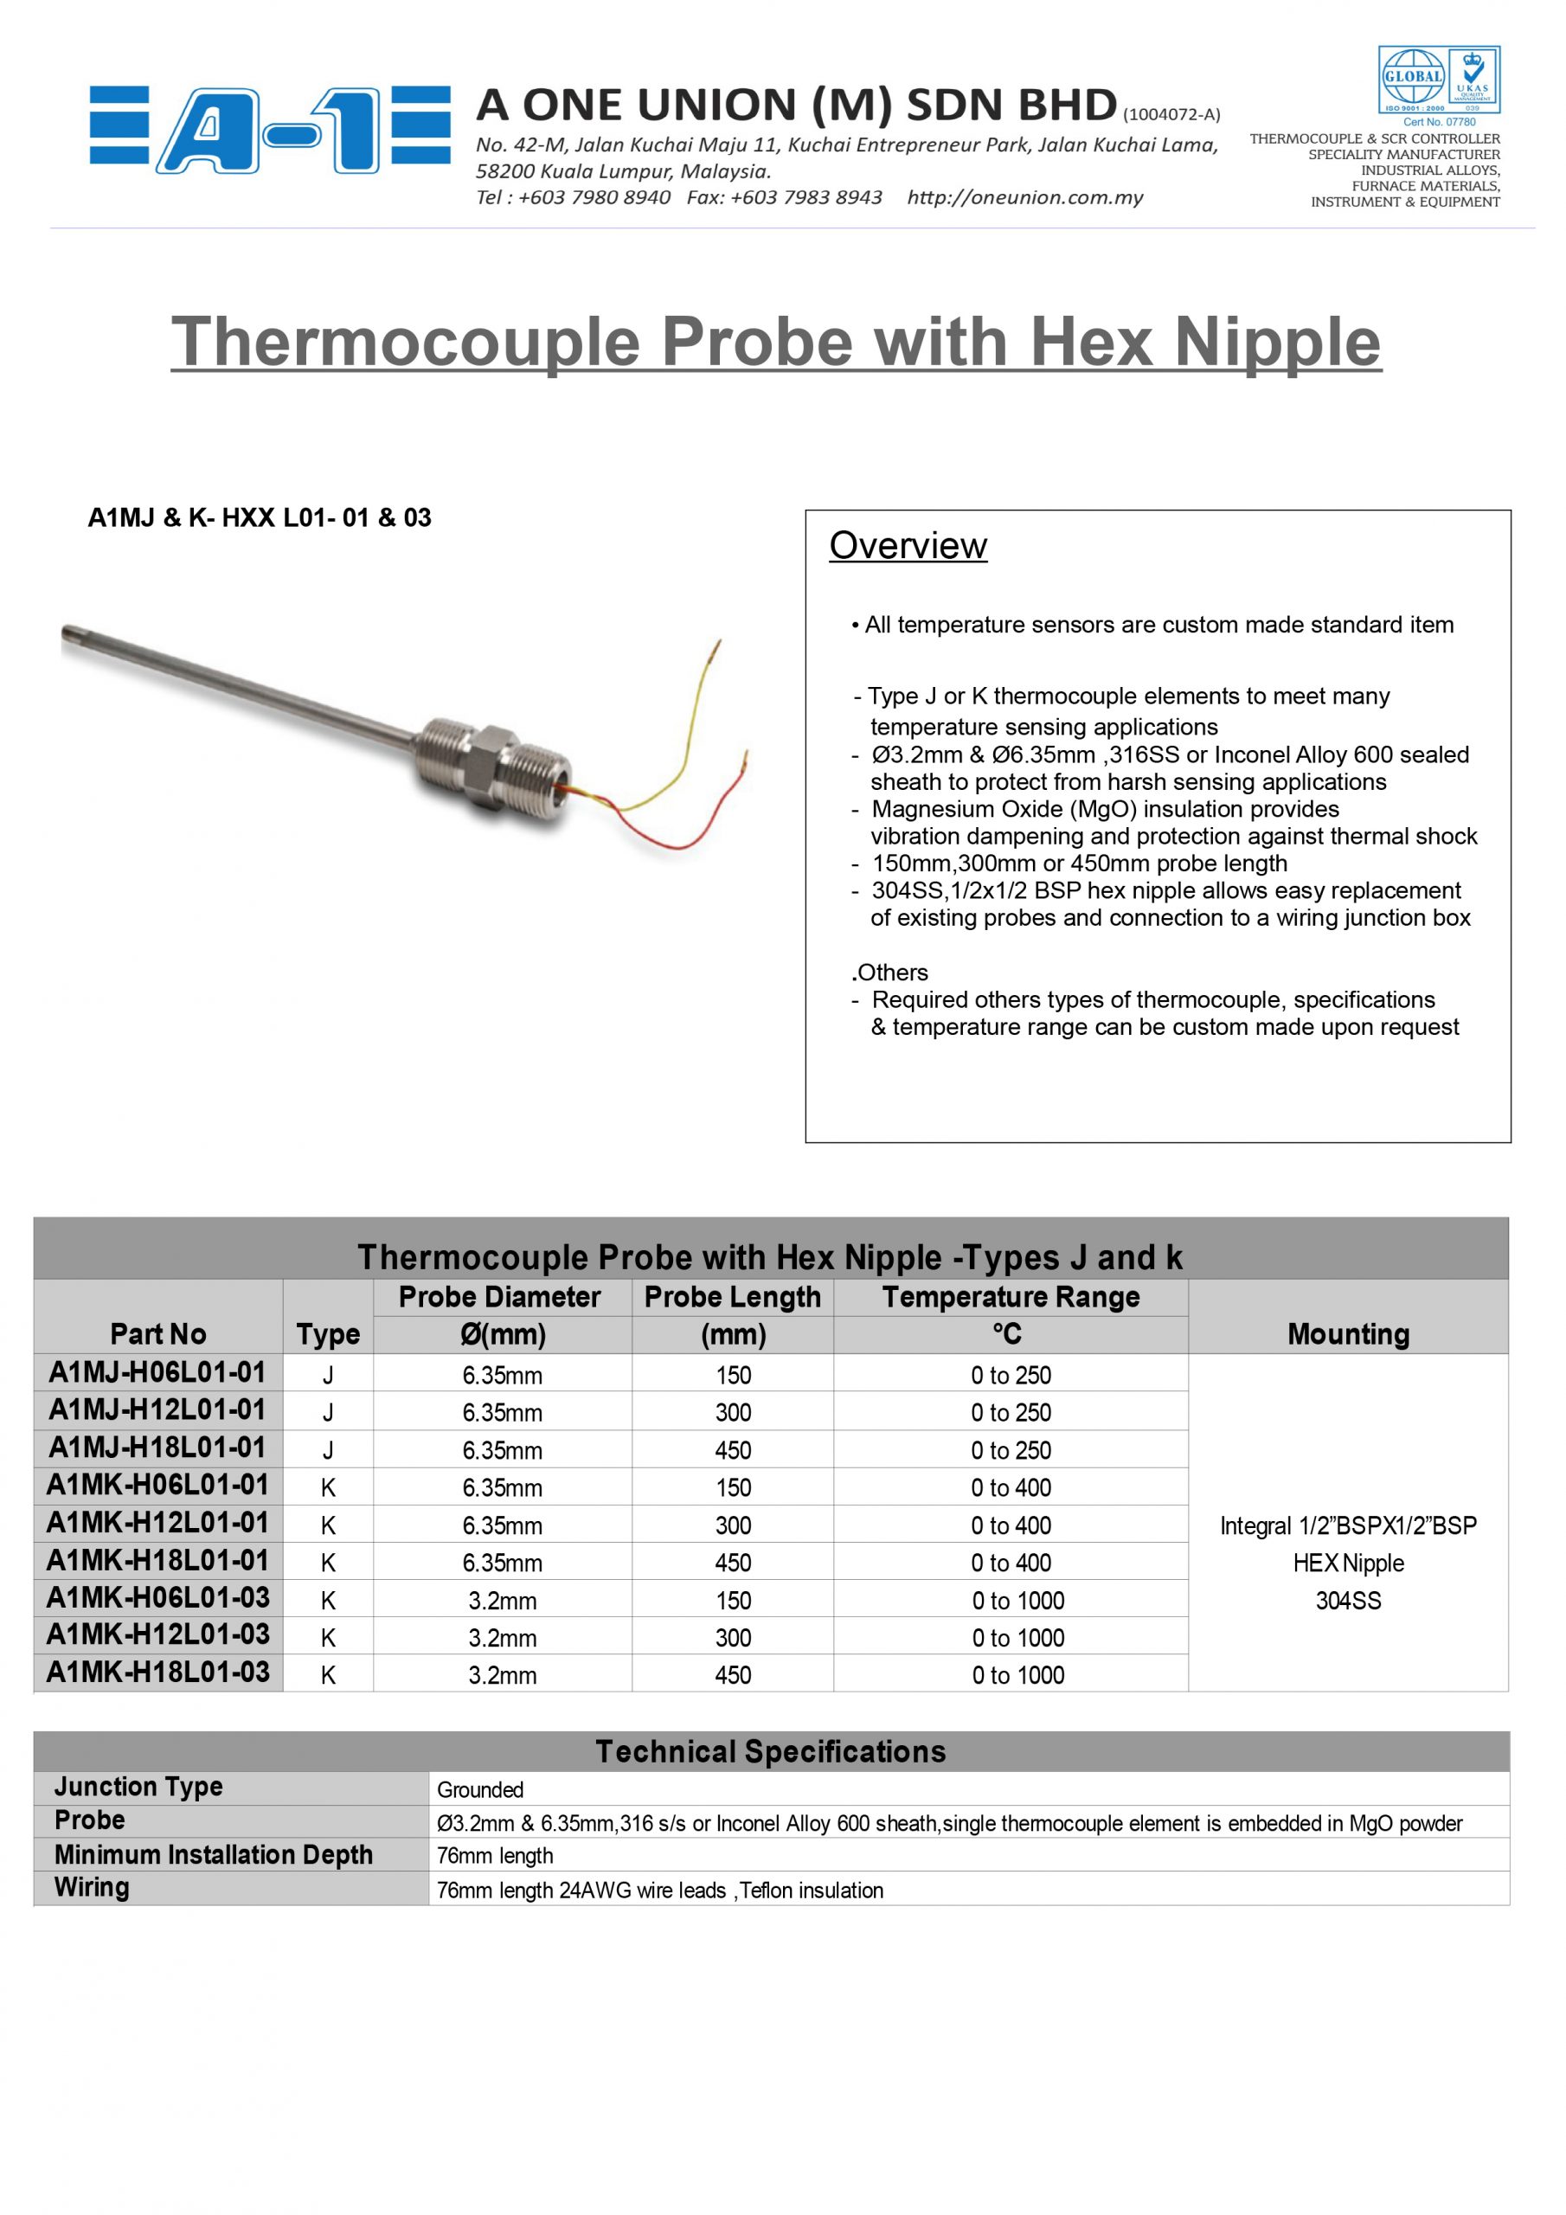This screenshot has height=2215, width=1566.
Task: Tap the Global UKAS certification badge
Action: pyautogui.click(x=1438, y=81)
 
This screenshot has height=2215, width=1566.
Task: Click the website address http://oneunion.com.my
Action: pyautogui.click(x=1024, y=198)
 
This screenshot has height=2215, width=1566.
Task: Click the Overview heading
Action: pyautogui.click(x=908, y=546)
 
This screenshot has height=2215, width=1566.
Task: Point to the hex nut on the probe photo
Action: pyautogui.click(x=488, y=759)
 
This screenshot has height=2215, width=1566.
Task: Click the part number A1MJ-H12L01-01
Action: pyautogui.click(x=157, y=1409)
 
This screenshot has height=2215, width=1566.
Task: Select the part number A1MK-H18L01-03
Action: pyautogui.click(x=157, y=1672)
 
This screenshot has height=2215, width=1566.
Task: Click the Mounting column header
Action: pyautogui.click(x=1348, y=1334)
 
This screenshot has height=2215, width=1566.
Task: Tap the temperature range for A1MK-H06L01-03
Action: pyautogui.click(x=1018, y=1601)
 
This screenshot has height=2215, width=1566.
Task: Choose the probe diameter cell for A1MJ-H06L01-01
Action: pyautogui.click(x=502, y=1376)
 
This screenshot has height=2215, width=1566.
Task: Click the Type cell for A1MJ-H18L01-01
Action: pyautogui.click(x=328, y=1450)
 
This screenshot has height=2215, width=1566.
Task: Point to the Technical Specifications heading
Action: pyautogui.click(x=770, y=1751)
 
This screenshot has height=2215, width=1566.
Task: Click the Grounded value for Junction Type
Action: pyautogui.click(x=480, y=1789)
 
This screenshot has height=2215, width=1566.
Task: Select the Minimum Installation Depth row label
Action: pyautogui.click(x=213, y=1854)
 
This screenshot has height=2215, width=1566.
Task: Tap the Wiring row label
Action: pyautogui.click(x=92, y=1887)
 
